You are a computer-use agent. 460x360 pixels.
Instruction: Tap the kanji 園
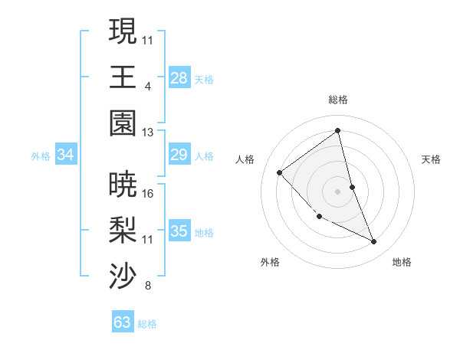(x=123, y=123)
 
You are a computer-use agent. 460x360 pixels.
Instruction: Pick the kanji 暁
(x=123, y=184)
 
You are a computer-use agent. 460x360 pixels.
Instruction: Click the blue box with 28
(x=179, y=78)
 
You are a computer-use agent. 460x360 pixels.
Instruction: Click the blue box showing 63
(x=123, y=322)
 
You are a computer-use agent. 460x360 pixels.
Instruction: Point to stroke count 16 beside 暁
(x=148, y=193)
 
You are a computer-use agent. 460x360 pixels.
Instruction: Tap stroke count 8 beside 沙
(x=147, y=286)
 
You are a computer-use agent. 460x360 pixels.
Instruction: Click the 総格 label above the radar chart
(x=337, y=100)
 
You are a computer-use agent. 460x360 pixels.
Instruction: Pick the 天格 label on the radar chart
(x=431, y=159)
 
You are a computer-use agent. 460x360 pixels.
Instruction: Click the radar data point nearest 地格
(x=374, y=241)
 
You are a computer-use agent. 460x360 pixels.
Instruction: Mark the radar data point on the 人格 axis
(x=280, y=172)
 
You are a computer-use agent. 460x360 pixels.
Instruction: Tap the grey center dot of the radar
(x=337, y=191)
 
